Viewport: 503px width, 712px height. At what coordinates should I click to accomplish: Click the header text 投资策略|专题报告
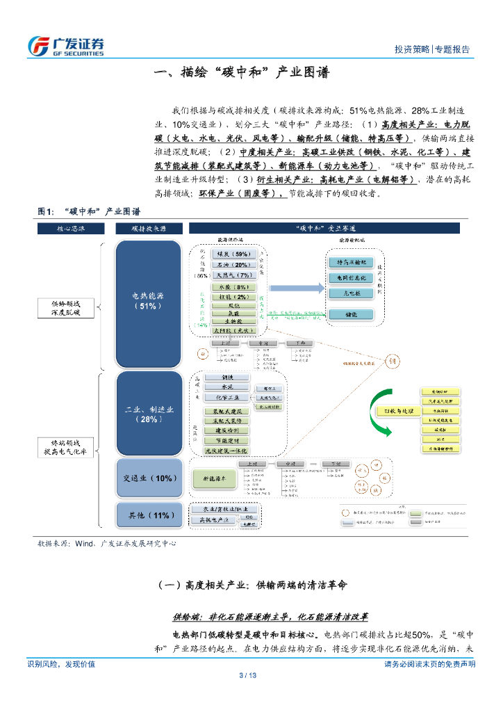click(x=431, y=49)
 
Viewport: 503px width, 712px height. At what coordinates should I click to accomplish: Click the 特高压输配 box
click(x=352, y=262)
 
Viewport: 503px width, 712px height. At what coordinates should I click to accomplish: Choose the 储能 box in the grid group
click(x=352, y=314)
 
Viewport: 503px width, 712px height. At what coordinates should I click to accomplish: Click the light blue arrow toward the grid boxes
click(x=291, y=288)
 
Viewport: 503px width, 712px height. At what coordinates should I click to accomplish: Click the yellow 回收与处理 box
click(x=393, y=411)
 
